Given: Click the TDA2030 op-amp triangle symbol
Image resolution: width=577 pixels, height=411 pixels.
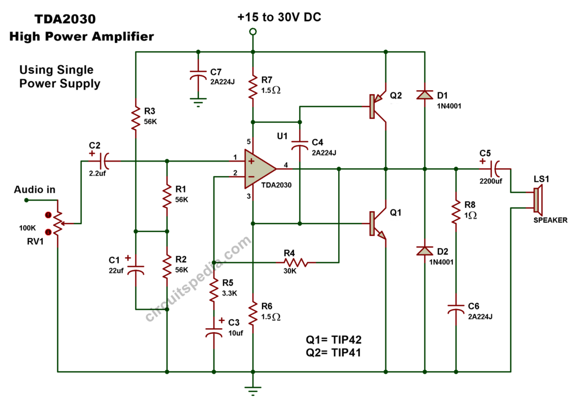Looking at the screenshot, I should (x=258, y=168).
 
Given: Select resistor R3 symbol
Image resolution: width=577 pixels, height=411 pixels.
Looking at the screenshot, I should (x=135, y=118).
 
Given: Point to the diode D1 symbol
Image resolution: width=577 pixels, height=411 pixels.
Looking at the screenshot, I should (x=424, y=95).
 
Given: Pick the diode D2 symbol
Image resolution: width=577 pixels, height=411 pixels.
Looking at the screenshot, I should (x=424, y=250).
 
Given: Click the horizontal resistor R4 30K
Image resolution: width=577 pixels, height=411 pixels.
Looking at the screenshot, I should (x=295, y=262).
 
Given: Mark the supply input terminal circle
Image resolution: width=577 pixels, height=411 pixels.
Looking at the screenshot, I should (x=253, y=32).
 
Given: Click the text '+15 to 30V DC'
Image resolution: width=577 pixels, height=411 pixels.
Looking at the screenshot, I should (x=279, y=17).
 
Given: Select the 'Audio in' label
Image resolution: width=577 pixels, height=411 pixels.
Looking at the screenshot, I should (x=35, y=190).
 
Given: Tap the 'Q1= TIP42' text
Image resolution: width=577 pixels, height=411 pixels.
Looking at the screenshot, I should (x=334, y=340).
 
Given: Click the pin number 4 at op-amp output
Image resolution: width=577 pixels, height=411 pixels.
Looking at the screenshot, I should (x=286, y=164).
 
